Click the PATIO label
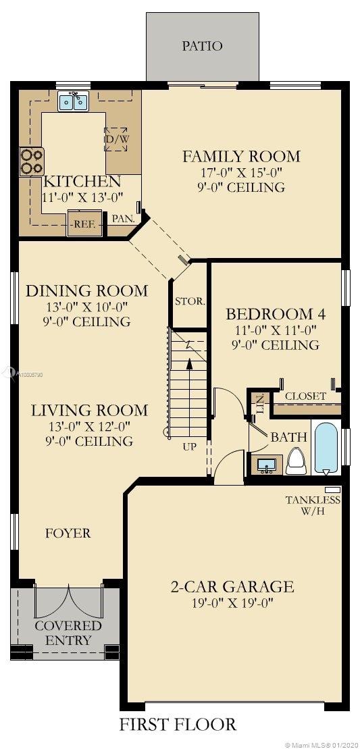[x=202, y=47]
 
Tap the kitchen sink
[x=74, y=102]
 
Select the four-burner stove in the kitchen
[x=32, y=161]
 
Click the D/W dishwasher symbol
[x=116, y=139]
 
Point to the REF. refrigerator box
[x=84, y=223]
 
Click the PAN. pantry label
[x=123, y=218]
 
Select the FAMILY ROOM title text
[x=242, y=156]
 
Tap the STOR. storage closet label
[x=190, y=302]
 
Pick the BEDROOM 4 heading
[x=276, y=314]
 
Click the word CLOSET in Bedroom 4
[x=305, y=396]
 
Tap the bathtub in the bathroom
[x=327, y=447]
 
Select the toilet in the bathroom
[x=296, y=461]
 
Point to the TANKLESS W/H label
[x=313, y=505]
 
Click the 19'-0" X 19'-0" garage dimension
[x=232, y=603]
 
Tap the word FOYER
[x=68, y=533]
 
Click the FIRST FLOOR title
[x=178, y=724]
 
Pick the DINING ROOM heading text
[x=86, y=290]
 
